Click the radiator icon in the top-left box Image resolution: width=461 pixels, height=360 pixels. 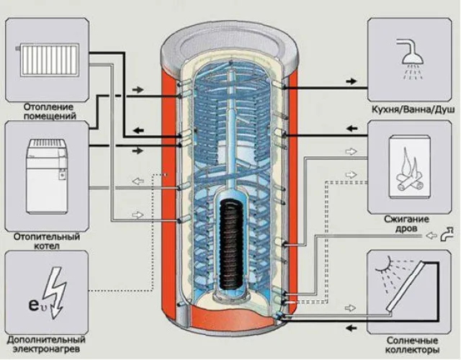pyautogui.click(x=48, y=60)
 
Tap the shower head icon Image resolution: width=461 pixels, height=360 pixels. pyautogui.click(x=411, y=59)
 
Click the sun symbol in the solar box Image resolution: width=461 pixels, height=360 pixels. pyautogui.click(x=385, y=264)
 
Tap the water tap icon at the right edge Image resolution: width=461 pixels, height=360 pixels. pyautogui.click(x=447, y=234)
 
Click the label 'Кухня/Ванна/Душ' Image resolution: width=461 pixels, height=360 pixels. pyautogui.click(x=413, y=109)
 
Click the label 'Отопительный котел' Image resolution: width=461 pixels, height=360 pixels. pyautogui.click(x=47, y=241)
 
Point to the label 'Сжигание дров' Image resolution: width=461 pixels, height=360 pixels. pyautogui.click(x=406, y=224)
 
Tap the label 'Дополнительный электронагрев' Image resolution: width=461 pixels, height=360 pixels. pyautogui.click(x=46, y=344)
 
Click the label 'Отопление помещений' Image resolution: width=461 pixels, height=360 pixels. pyautogui.click(x=50, y=111)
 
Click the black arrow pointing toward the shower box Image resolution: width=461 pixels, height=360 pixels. pyautogui.click(x=351, y=81)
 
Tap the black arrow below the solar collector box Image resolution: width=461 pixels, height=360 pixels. pyautogui.click(x=352, y=328)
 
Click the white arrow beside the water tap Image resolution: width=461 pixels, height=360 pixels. pyautogui.click(x=431, y=235)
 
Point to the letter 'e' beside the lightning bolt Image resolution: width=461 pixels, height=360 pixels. pyautogui.click(x=34, y=305)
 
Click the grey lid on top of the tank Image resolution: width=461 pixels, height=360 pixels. pyautogui.click(x=230, y=45)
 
